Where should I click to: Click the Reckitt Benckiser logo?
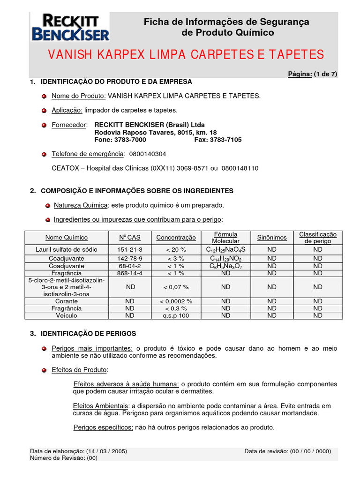coord(70,27)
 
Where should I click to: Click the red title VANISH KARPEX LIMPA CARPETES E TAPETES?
coord(186,55)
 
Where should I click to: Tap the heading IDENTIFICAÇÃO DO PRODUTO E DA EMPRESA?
coord(116,82)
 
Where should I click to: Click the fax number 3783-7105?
coord(226,140)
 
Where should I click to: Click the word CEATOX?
coord(64,168)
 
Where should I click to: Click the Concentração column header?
coord(176,238)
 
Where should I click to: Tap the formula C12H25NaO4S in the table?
coord(225,249)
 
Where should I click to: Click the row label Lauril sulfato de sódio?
coord(67,249)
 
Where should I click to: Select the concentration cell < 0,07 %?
coord(176,287)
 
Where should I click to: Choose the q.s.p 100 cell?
coord(176,315)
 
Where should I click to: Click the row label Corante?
coord(67,301)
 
